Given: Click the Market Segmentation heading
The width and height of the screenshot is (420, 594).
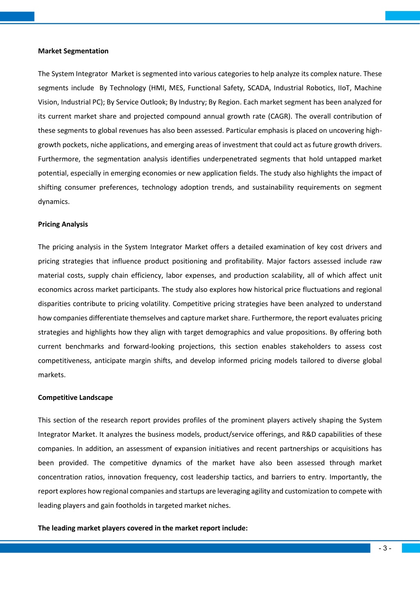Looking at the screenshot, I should (x=73, y=51).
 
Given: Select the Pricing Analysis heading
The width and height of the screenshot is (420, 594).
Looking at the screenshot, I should (x=63, y=224).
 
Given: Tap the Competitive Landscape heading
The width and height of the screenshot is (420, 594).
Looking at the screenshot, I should (x=75, y=397).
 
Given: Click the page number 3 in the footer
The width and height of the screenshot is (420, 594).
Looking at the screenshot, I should (x=385, y=548).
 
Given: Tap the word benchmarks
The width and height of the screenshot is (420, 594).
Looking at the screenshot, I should (x=85, y=346).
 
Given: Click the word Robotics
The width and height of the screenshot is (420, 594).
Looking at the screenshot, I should (x=320, y=88).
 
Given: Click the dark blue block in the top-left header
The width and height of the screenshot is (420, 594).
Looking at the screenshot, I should (x=17, y=16).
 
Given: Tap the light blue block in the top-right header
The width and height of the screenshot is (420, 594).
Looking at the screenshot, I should (x=402, y=16).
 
